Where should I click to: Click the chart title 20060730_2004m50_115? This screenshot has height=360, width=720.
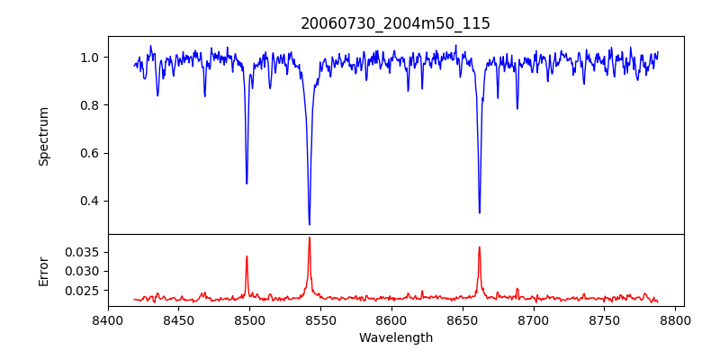pos(395,23)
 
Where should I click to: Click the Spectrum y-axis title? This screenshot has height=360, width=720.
pos(44,136)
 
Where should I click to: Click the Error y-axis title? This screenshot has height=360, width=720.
pos(44,270)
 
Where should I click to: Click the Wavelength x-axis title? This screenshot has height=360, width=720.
pos(395,338)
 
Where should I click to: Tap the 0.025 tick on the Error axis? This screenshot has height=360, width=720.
pos(83,291)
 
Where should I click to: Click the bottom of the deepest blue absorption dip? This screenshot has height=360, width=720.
pos(309,224)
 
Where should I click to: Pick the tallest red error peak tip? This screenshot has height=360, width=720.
pos(309,238)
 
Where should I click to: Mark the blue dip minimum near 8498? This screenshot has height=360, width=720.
pos(247,184)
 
